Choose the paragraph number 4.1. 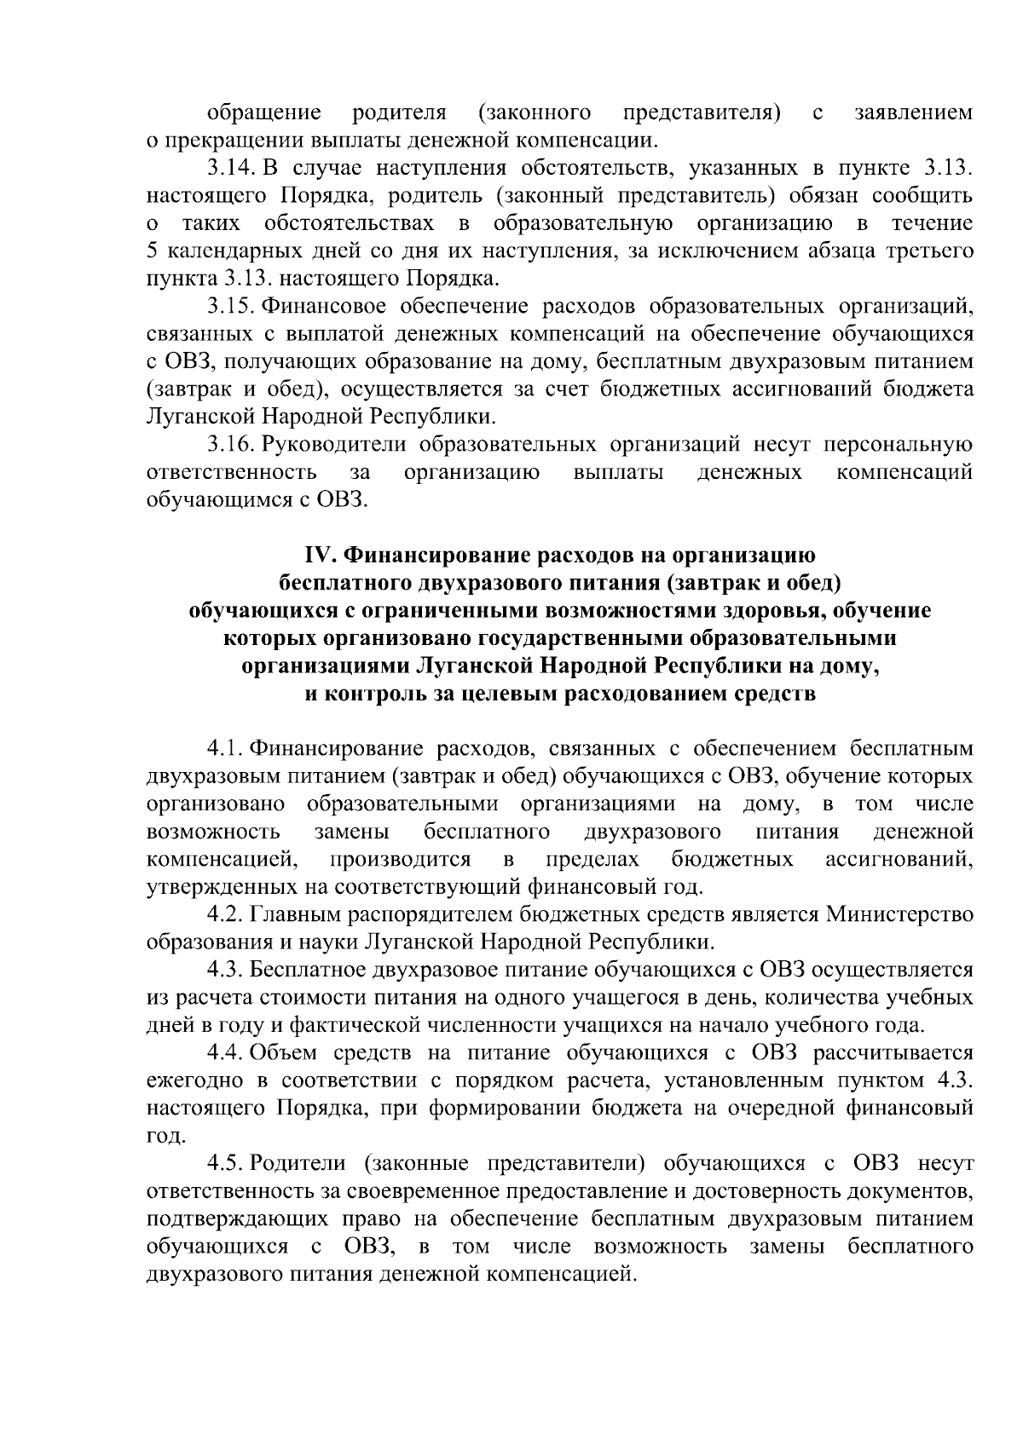[x=226, y=749]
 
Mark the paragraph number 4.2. [x=226, y=915]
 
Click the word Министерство [x=899, y=915]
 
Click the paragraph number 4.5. [x=226, y=1163]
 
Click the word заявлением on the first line [x=913, y=112]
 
